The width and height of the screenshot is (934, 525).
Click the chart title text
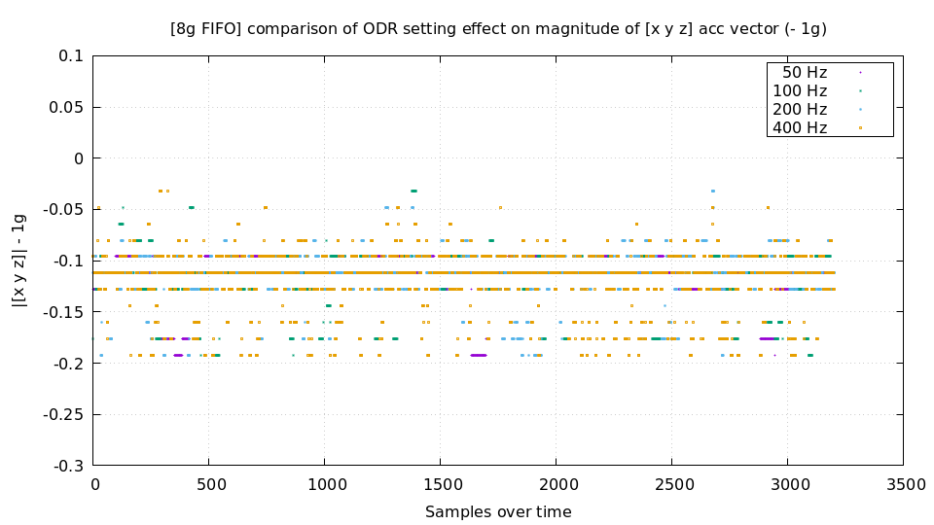tap(498, 28)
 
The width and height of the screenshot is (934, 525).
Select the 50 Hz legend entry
tap(805, 72)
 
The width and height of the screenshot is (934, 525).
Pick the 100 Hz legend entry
tap(800, 90)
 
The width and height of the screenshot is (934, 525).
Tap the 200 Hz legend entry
tap(800, 109)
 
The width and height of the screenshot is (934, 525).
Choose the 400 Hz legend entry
tap(800, 127)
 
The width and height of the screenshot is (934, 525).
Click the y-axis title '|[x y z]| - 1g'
tap(18, 261)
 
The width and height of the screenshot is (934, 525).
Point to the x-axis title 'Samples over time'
tap(498, 511)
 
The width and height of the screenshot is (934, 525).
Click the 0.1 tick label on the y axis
tap(71, 56)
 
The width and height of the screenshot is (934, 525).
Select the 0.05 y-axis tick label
tap(66, 107)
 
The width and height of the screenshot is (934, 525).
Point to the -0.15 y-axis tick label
tap(64, 312)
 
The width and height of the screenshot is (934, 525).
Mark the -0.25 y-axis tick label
tap(64, 414)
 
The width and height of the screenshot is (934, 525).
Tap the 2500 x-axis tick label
tap(672, 483)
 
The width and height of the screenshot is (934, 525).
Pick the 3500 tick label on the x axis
tap(903, 483)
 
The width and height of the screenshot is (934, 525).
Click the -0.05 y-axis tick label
tap(64, 210)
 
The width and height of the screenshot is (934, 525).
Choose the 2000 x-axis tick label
tap(557, 483)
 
